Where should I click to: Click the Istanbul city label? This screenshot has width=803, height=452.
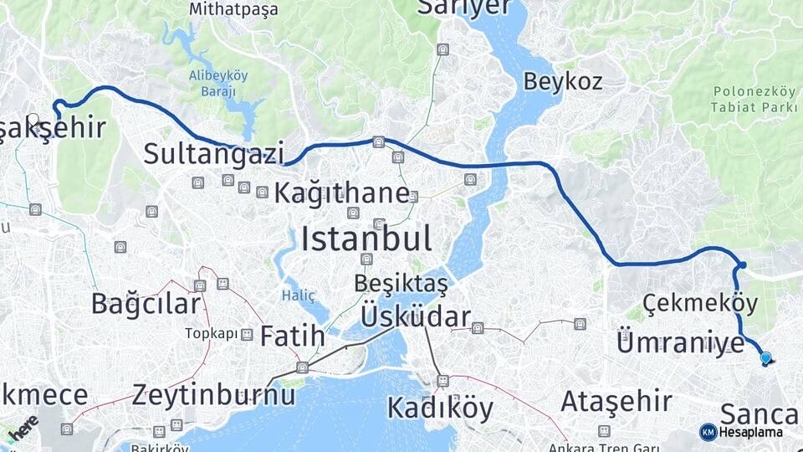coord(366,239)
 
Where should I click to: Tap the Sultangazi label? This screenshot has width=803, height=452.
coord(213,153)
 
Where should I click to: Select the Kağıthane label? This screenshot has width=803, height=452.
coord(341,193)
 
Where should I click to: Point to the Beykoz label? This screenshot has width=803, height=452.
coord(563,81)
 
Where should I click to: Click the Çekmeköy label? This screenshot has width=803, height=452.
coord(700,302)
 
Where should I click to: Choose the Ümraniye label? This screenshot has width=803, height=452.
coord(680,342)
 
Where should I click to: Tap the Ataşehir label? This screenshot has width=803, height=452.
coord(616,401)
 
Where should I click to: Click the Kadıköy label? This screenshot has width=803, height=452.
coord(440,408)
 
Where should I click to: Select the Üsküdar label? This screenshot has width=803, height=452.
coord(416,316)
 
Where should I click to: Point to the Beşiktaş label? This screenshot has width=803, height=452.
coord(401,283)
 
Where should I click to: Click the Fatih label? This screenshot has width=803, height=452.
coord(292,336)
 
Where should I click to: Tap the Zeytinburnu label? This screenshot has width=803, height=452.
coord(213,393)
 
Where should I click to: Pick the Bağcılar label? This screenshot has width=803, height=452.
coord(146,303)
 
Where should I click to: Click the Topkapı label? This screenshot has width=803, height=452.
coord(211,333)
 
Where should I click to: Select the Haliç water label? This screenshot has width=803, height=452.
coord(299,295)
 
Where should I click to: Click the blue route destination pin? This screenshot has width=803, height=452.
coord(765,358)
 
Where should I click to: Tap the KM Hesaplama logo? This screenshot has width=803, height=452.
coord(742,432)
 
